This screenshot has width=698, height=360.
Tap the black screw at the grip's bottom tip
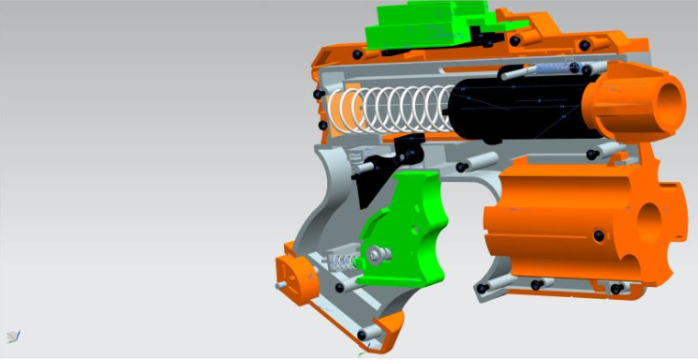click(361, 336)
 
